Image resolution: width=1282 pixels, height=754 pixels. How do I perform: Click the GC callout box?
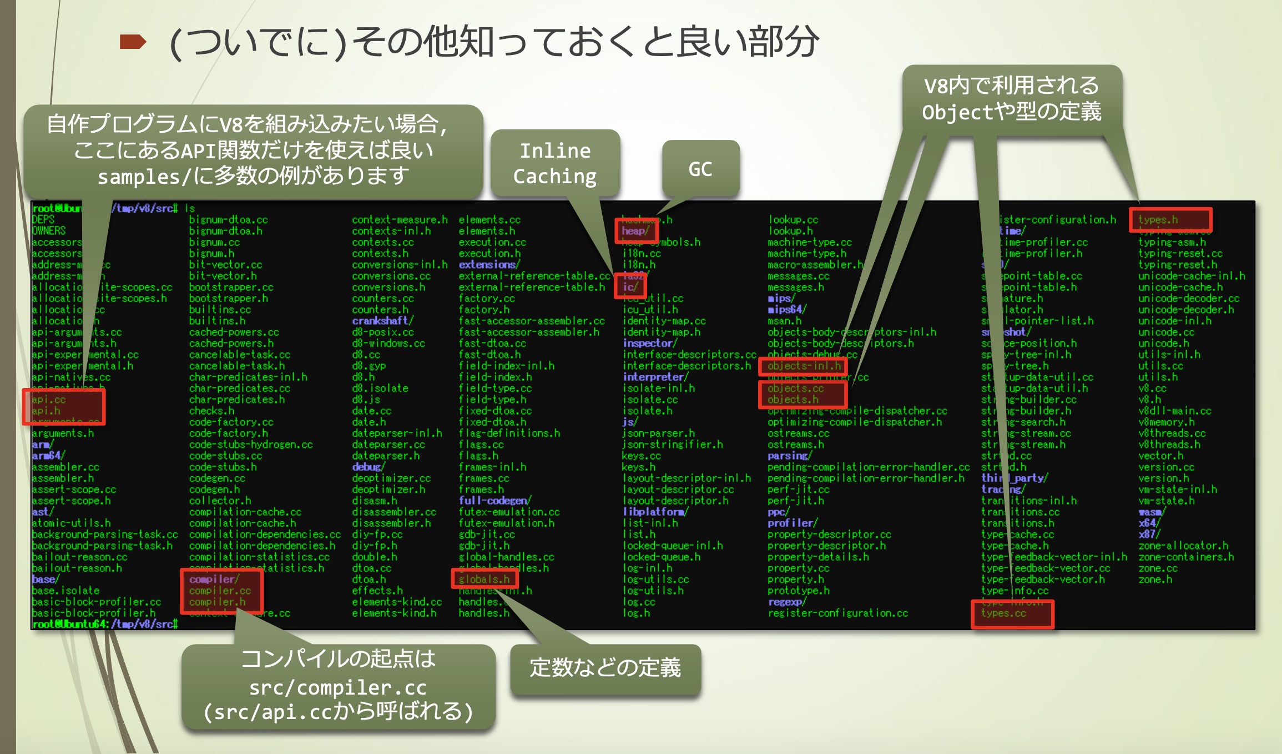pos(700,169)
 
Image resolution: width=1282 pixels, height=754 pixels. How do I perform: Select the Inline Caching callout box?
pos(555,163)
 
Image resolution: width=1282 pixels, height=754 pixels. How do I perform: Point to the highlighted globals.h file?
pos(484,579)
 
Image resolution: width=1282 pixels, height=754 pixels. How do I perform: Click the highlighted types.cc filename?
pos(1003,613)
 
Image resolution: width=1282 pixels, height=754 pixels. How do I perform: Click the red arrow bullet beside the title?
pos(133,42)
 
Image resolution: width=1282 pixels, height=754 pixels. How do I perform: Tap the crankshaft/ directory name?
pos(382,321)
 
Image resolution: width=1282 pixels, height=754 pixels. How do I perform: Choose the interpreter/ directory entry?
pos(655,377)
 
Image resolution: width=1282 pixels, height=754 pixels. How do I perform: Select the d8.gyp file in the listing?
pos(369,366)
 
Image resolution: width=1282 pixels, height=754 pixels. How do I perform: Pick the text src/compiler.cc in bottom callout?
pos(338,687)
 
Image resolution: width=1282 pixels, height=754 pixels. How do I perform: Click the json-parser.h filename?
pos(658,433)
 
